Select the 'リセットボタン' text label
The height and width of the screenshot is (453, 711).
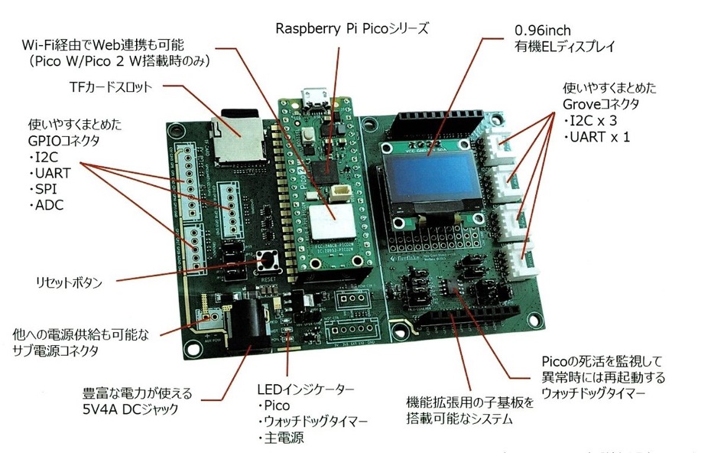click(69, 282)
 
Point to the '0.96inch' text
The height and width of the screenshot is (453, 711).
click(545, 31)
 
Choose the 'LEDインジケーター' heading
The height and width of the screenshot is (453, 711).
click(305, 389)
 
